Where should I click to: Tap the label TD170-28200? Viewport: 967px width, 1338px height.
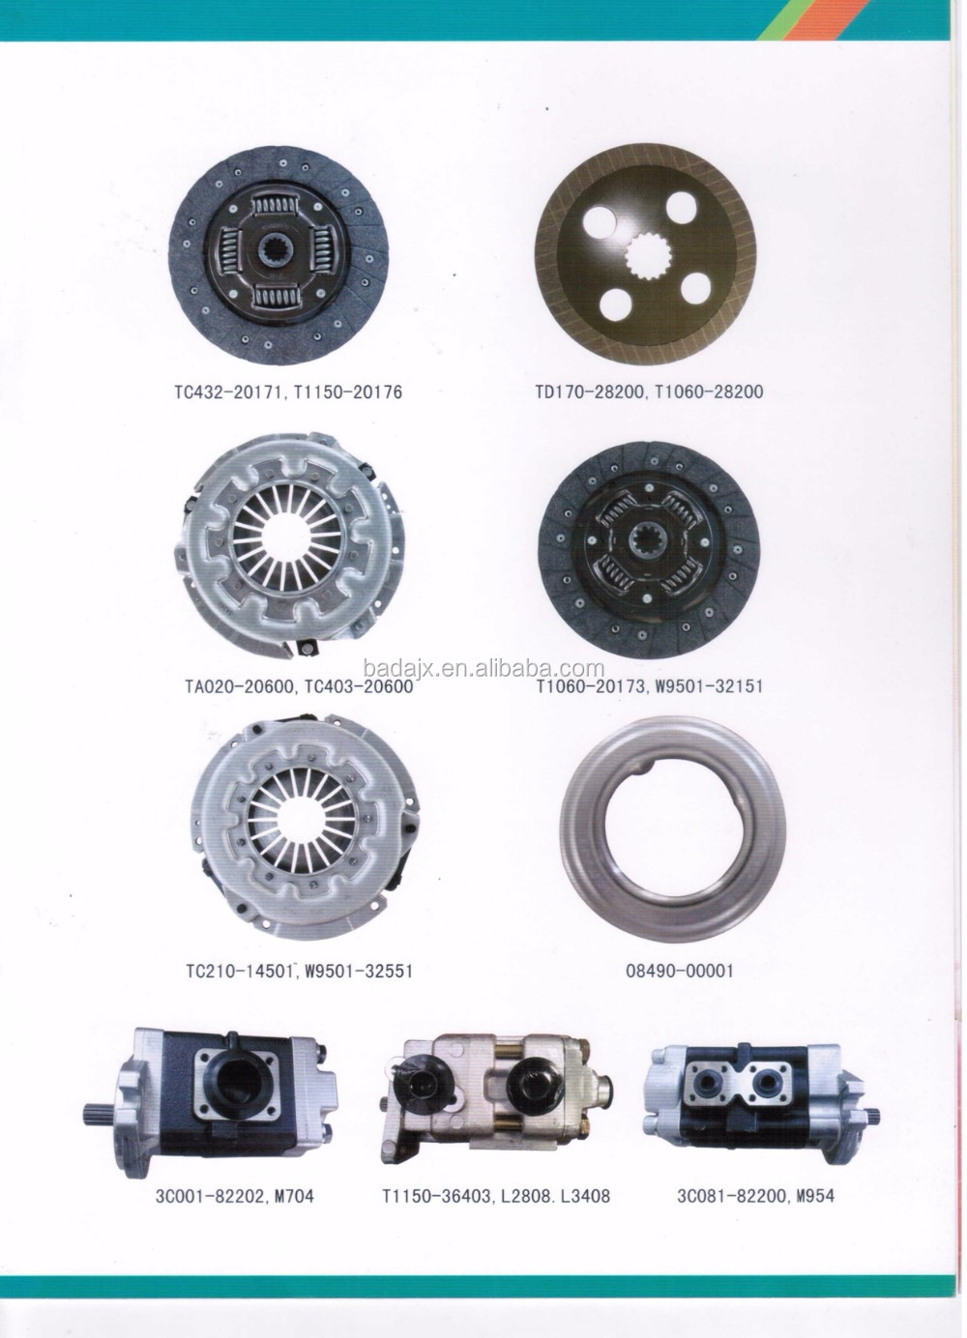tap(592, 391)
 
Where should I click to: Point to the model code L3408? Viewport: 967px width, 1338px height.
tap(581, 1196)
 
